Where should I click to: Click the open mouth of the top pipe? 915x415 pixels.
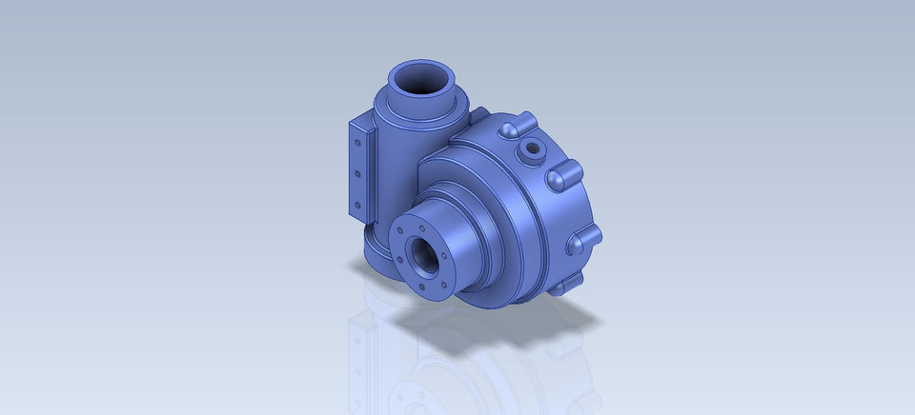click(x=422, y=80)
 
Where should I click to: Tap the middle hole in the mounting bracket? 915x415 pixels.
click(x=357, y=174)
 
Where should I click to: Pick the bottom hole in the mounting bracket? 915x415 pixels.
click(x=357, y=206)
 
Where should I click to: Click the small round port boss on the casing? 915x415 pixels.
click(x=528, y=148)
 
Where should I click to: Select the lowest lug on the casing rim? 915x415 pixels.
click(x=570, y=283)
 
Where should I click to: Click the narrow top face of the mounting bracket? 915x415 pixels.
click(x=361, y=125)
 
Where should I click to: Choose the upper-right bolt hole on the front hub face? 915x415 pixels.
click(x=441, y=239)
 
